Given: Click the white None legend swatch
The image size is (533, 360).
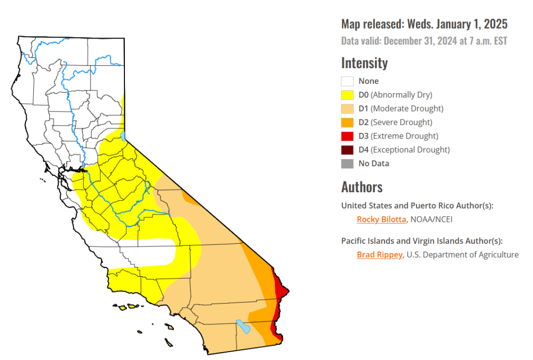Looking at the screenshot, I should [x=347, y=81].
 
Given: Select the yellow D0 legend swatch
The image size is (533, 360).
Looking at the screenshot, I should [x=347, y=95].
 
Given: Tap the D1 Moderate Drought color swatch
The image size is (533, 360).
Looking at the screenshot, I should [x=347, y=109].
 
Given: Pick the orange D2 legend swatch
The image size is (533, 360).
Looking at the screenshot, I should [x=347, y=122].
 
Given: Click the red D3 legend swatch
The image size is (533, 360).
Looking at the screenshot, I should [x=347, y=136].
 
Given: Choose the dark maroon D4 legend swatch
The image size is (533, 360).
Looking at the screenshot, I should [x=347, y=150].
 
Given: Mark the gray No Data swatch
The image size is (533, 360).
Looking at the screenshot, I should [x=347, y=164].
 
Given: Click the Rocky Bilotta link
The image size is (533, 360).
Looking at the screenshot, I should [x=381, y=219].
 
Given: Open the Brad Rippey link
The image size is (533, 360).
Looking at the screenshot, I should [x=379, y=255].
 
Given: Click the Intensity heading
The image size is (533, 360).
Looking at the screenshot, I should [x=364, y=63].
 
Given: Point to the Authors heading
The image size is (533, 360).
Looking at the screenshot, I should [x=362, y=187].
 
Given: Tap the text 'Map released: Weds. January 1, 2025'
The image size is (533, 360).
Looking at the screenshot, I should [x=424, y=24].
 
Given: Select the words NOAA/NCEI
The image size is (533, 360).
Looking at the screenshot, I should [x=432, y=219].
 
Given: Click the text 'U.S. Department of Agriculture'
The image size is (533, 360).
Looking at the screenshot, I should [x=463, y=255].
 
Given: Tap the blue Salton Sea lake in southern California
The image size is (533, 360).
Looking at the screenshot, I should [x=243, y=327].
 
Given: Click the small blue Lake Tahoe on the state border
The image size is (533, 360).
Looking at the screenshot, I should [x=123, y=136].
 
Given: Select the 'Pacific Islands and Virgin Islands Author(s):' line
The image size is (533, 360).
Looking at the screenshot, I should [x=422, y=241].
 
